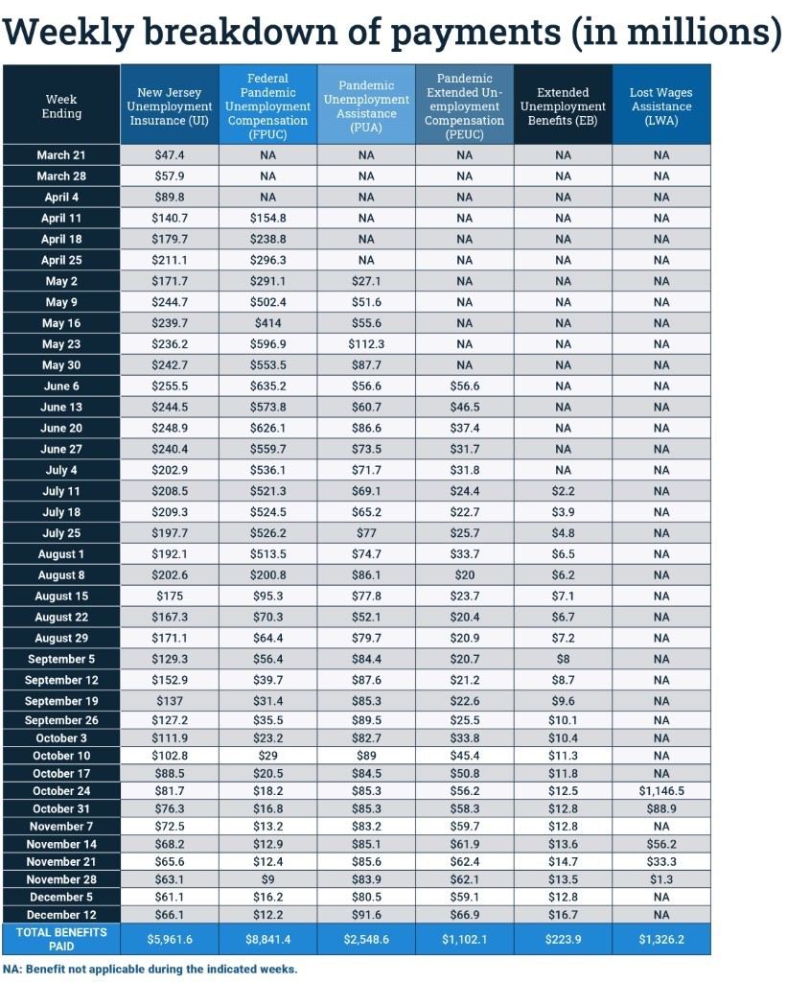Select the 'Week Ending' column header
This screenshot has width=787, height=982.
coord(61,106)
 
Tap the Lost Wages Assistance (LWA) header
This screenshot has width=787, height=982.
coord(661,106)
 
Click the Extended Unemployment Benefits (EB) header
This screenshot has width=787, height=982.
coord(563,106)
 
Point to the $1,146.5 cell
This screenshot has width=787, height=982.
coord(661,791)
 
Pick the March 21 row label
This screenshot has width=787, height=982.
coord(61,155)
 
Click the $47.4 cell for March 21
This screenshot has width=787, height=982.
coord(170,155)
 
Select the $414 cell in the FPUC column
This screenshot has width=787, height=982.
coord(267,323)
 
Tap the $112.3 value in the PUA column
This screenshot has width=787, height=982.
coord(366,344)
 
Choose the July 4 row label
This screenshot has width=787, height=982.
coord(61,470)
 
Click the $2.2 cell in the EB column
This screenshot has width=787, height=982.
coord(563,491)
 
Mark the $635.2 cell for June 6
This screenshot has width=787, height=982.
coord(267,386)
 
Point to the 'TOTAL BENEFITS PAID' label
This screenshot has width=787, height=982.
coord(61,939)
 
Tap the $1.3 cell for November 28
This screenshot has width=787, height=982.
coord(661,879)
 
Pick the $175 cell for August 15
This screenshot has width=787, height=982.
coord(170,596)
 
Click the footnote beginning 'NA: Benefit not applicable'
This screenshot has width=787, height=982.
coord(150,970)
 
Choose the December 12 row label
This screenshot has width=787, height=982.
coord(61,915)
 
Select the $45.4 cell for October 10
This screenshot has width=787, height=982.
coord(465,756)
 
